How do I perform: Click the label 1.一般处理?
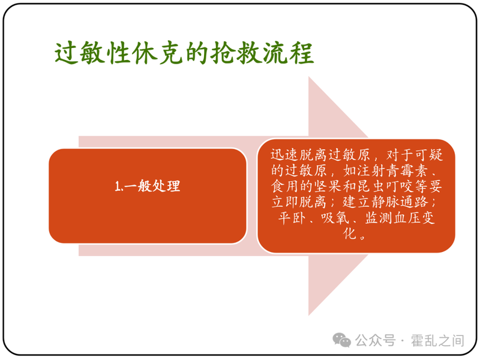148,186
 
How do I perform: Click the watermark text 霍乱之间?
437,341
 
